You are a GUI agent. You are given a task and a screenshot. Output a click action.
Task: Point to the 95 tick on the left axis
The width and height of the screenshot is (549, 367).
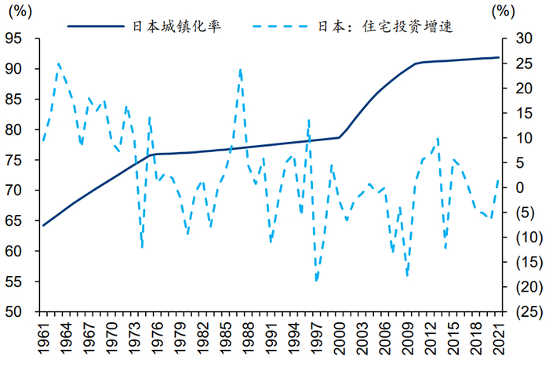tap(20, 38)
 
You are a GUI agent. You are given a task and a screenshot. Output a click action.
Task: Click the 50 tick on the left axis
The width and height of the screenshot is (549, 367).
tap(20, 312)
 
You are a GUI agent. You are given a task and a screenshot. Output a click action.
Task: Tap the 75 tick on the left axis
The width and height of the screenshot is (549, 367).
tap(20, 160)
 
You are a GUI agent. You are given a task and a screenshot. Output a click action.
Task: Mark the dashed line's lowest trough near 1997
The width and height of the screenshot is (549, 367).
tap(316, 280)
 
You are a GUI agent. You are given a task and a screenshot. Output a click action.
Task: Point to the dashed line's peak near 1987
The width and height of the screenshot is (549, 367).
tap(240, 69)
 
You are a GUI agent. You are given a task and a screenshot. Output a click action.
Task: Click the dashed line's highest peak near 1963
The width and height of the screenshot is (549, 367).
tap(59, 64)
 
